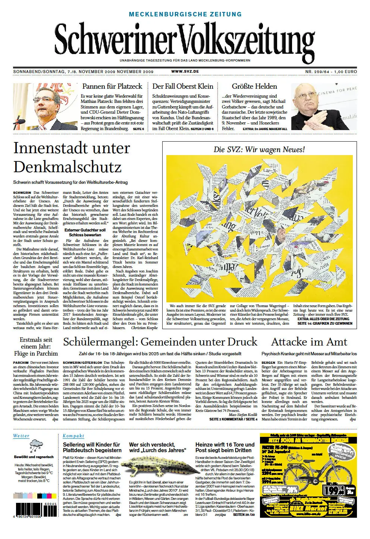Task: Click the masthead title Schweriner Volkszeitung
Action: click(x=185, y=40)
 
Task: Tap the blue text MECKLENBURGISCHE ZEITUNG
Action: click(x=185, y=14)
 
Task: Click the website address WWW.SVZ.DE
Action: click(x=185, y=71)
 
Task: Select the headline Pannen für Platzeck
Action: click(x=112, y=86)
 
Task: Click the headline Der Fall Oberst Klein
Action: click(x=183, y=86)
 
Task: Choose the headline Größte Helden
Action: click(x=254, y=86)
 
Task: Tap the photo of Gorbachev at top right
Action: click(x=323, y=107)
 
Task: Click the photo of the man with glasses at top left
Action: click(x=45, y=107)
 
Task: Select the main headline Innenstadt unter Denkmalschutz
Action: click(x=72, y=157)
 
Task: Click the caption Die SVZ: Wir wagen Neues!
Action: click(x=259, y=149)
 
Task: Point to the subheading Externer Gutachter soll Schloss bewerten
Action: click(x=85, y=232)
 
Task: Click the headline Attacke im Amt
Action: click(x=309, y=342)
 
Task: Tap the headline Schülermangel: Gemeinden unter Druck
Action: click(x=160, y=342)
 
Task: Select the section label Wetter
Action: click(x=21, y=436)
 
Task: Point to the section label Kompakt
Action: click(x=73, y=436)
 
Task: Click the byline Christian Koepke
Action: click(x=144, y=328)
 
